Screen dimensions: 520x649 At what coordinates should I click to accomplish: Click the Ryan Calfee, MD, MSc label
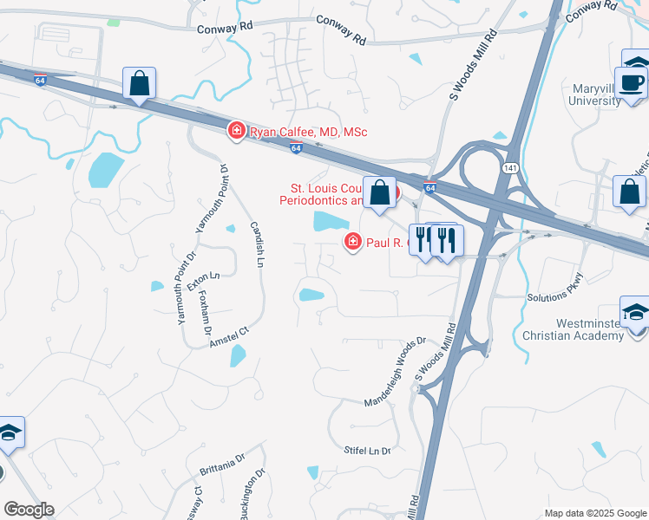[309, 132]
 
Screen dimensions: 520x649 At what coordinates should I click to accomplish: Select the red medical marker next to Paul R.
[352, 242]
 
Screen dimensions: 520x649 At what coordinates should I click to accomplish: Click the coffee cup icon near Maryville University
[633, 82]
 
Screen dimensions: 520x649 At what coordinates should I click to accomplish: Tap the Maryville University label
[596, 94]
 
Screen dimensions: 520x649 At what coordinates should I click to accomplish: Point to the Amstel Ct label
[228, 337]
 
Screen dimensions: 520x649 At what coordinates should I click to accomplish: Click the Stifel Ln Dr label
[368, 451]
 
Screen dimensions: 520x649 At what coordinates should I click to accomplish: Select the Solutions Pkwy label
[556, 290]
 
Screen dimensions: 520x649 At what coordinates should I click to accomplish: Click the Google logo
[29, 510]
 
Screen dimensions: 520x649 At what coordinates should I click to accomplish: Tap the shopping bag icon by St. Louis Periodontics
[379, 194]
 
